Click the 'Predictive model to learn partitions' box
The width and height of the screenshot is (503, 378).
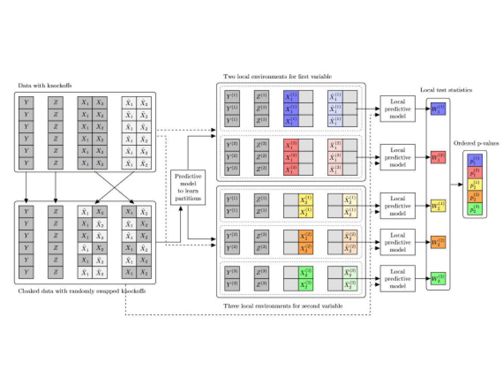coord(188,188)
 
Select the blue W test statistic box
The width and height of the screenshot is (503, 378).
coord(438,109)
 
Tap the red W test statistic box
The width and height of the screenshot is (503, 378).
coord(438,157)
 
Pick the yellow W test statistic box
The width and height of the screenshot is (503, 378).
coord(438,206)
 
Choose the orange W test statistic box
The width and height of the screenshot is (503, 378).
coord(438,242)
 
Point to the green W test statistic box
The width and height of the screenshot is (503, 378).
coord(438,279)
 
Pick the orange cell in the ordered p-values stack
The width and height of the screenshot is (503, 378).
coord(475,197)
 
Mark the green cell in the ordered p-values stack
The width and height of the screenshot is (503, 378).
coord(475,209)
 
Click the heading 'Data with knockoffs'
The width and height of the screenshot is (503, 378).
coord(45,85)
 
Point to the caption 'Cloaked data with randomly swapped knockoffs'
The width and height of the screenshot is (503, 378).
coord(82,291)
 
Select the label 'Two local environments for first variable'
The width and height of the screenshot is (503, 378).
coord(277,76)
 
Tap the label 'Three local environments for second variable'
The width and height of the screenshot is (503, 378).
coord(283,306)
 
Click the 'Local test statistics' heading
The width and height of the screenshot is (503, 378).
coord(446,90)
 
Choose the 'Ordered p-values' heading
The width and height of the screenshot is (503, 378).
coord(476,143)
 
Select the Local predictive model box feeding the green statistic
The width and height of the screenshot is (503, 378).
coord(398,279)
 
